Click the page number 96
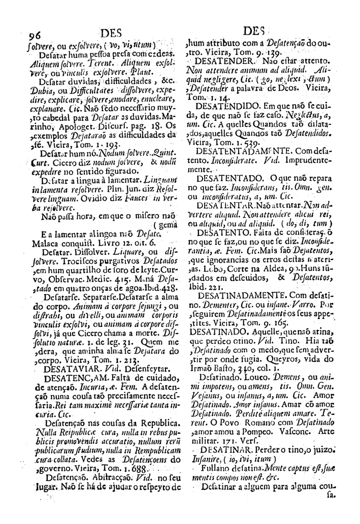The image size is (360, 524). coord(35,35)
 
